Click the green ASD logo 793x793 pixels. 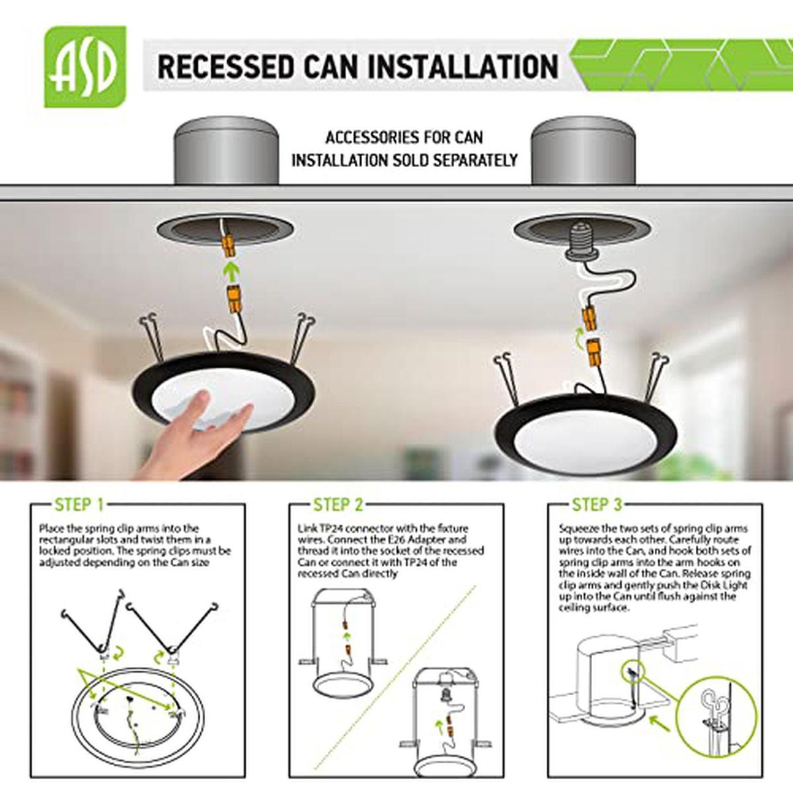[85, 67]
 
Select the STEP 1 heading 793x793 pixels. [79, 504]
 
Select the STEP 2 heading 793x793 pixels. [338, 504]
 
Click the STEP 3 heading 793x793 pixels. [597, 504]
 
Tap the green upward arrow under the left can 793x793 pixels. [229, 272]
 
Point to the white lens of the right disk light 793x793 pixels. [585, 445]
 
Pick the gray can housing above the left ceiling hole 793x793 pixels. [226, 151]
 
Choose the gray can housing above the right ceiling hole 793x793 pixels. [583, 151]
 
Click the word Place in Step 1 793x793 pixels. [49, 528]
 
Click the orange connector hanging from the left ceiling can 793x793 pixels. [228, 246]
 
